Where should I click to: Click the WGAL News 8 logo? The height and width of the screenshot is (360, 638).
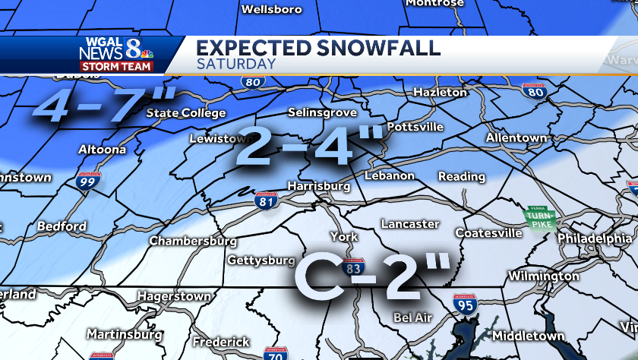point(115,49)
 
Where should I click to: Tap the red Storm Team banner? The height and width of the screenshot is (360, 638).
point(117,66)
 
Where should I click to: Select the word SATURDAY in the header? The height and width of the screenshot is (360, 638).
point(236,64)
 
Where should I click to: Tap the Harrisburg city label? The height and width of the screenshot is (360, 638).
point(318,186)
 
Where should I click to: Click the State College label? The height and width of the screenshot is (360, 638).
point(186,114)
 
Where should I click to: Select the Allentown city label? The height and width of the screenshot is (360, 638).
point(517,138)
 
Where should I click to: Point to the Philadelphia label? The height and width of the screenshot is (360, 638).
point(594,238)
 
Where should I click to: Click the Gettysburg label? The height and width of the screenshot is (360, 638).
point(261,261)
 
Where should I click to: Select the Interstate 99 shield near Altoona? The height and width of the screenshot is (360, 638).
point(87,181)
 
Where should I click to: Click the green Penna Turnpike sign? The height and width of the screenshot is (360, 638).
point(541,218)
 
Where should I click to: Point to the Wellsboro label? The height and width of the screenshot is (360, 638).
point(271,10)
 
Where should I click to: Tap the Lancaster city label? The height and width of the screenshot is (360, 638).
point(410,224)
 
